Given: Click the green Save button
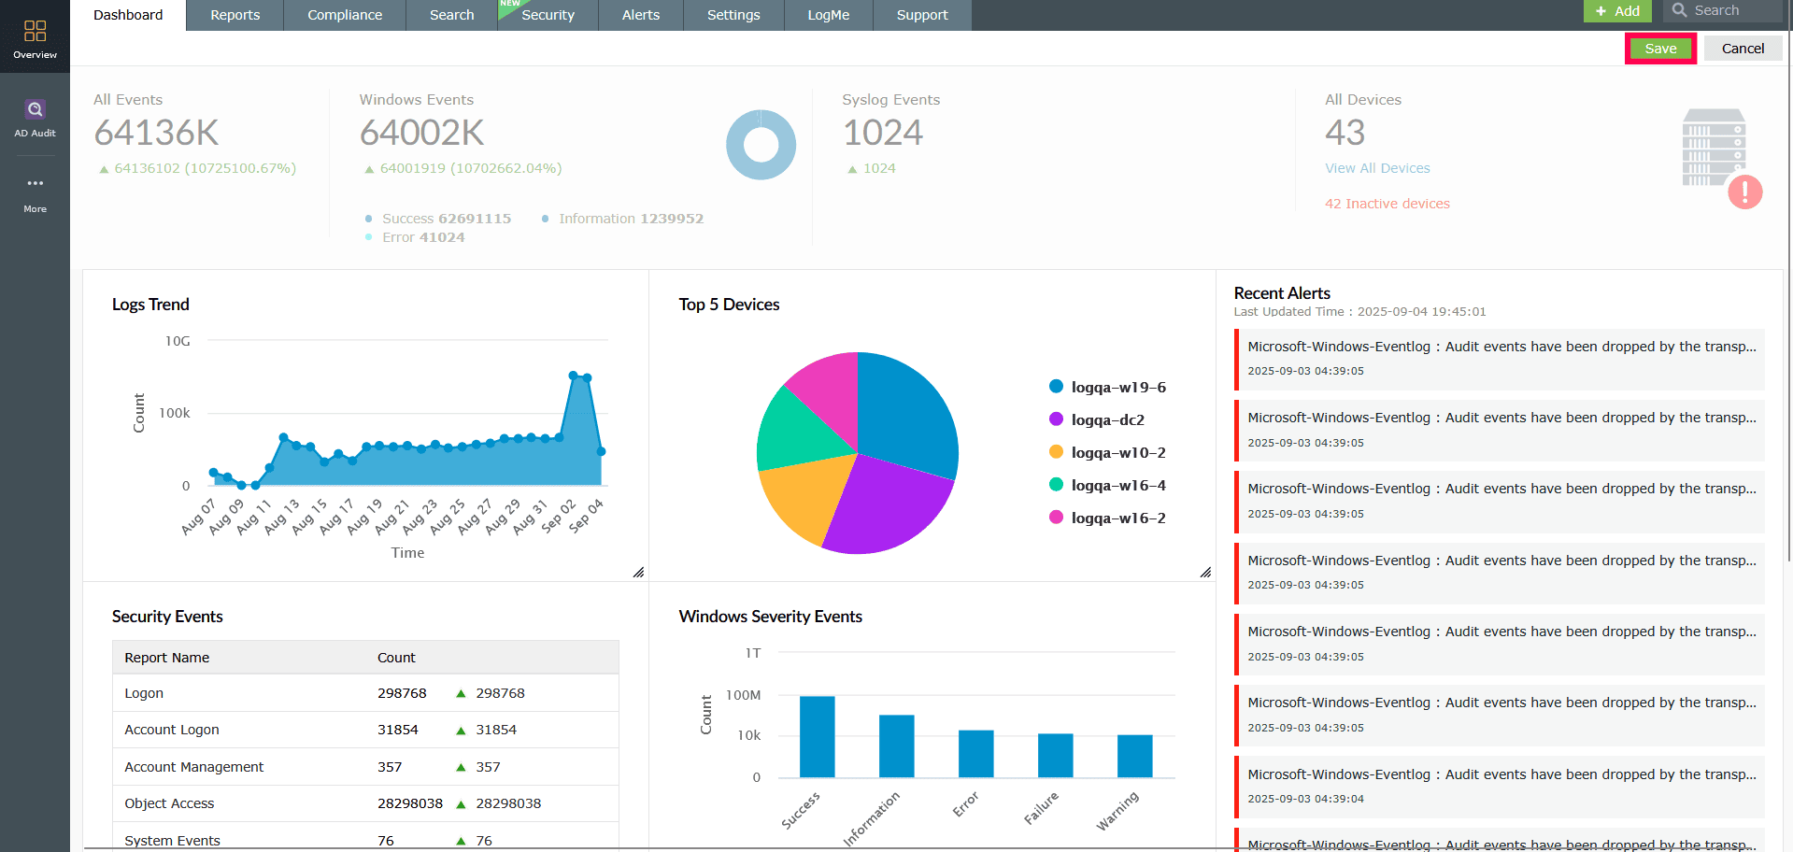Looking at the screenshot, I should point(1660,49).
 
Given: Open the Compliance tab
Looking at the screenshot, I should point(345,15).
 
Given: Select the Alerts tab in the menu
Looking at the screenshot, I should point(641,15).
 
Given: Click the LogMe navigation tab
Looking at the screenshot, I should point(828,15).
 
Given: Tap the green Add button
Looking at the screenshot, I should point(1617,10).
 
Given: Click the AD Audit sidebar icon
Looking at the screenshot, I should point(35,118).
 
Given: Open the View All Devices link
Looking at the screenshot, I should point(1377,168).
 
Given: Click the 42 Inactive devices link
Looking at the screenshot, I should point(1387,204).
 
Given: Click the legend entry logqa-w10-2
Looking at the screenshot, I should point(1117,453).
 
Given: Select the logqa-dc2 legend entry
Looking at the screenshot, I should point(1107,420).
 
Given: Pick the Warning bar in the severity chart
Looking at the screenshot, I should point(1134,756).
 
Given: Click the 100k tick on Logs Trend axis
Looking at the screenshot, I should point(175,413).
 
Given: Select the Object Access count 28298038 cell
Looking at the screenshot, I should point(409,803).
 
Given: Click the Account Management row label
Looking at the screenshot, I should point(194,767).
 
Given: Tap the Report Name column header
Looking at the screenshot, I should point(167,658).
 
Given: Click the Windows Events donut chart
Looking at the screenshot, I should point(761,145).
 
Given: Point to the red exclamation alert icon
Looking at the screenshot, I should point(1744,192).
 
